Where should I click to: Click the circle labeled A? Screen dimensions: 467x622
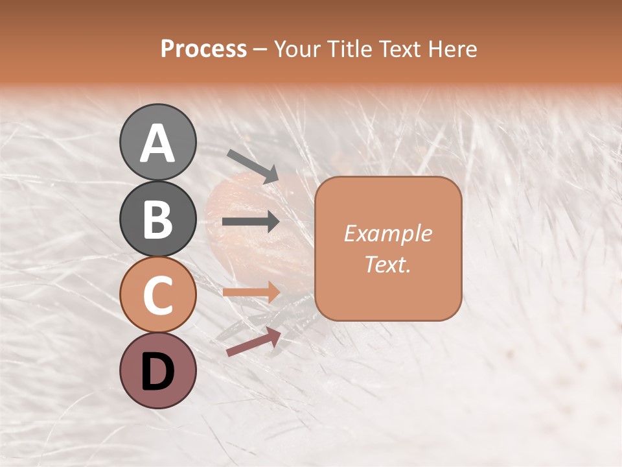pyautogui.click(x=157, y=142)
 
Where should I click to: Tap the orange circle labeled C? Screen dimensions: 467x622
pyautogui.click(x=157, y=294)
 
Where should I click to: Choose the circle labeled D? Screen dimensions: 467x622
pyautogui.click(x=157, y=370)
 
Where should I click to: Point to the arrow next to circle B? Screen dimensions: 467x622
pyautogui.click(x=251, y=222)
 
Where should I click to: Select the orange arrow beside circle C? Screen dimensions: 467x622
pyautogui.click(x=251, y=292)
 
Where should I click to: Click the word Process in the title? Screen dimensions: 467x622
pyautogui.click(x=203, y=49)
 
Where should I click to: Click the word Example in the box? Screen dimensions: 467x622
pyautogui.click(x=387, y=233)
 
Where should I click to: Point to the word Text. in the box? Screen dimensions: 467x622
pyautogui.click(x=387, y=264)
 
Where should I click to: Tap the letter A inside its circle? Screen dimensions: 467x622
pyautogui.click(x=157, y=143)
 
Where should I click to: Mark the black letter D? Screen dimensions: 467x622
pyautogui.click(x=157, y=372)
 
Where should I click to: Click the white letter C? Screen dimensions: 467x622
pyautogui.click(x=157, y=296)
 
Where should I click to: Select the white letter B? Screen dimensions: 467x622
pyautogui.click(x=157, y=219)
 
